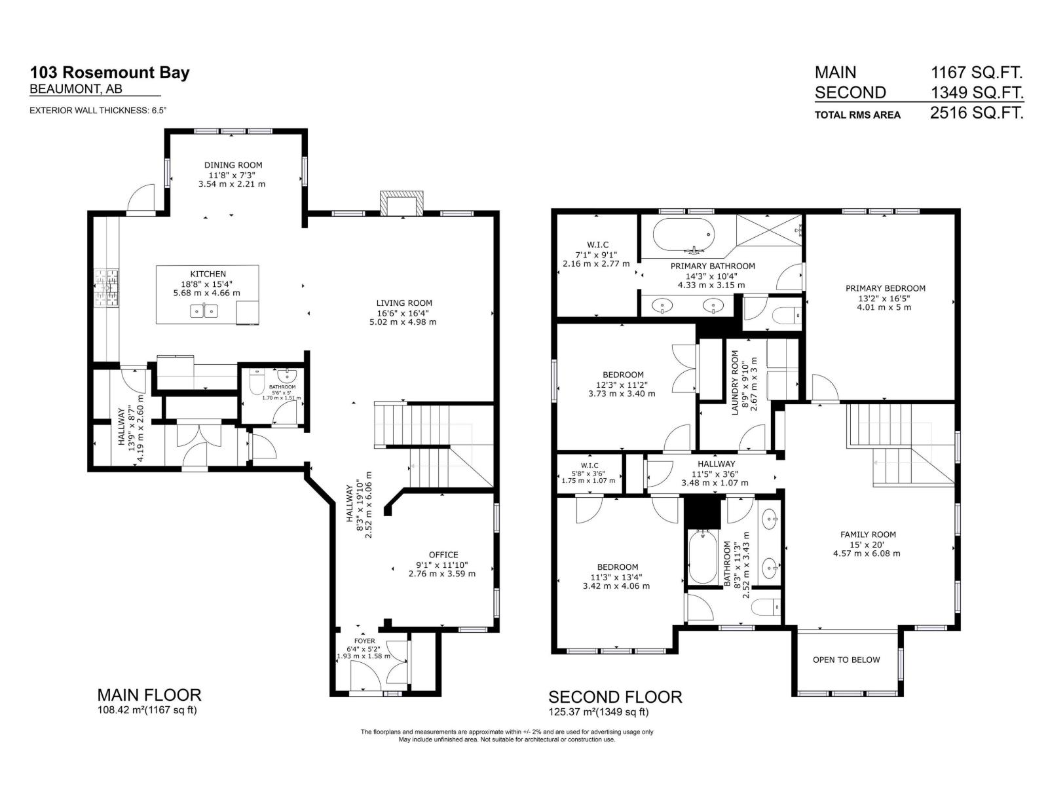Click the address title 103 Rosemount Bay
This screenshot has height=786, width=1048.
click(109, 72)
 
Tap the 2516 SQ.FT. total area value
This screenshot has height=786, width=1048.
click(976, 113)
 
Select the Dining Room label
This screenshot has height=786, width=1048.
click(233, 165)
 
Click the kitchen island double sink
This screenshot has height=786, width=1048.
click(204, 310)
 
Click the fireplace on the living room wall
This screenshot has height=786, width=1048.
click(400, 203)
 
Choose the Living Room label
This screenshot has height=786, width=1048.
click(404, 303)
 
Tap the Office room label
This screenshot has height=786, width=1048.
click(443, 555)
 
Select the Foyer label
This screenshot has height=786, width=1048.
click(365, 641)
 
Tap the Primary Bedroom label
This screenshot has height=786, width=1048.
click(885, 288)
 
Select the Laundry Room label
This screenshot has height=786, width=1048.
click(735, 382)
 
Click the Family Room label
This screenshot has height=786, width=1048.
click(868, 534)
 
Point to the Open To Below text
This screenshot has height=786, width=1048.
click(846, 660)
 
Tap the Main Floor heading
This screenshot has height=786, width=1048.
click(149, 695)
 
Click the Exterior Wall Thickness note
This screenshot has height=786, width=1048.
click(98, 111)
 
